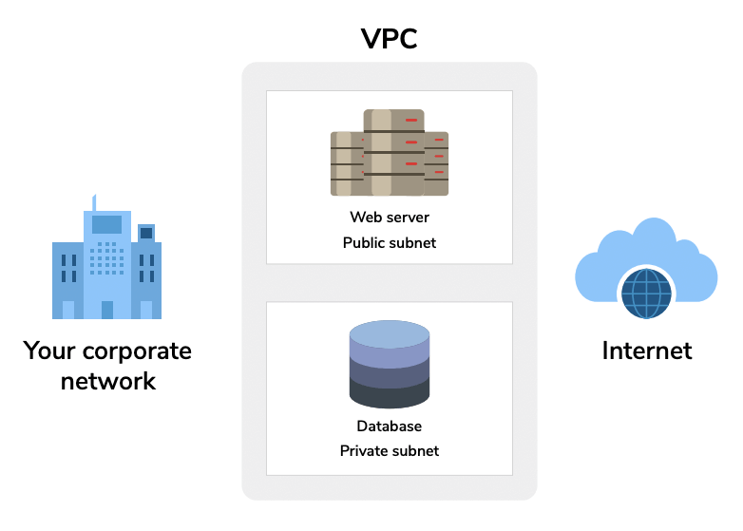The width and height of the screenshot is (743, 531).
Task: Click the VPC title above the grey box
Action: pos(389,39)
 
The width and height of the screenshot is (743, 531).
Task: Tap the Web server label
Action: pos(389,218)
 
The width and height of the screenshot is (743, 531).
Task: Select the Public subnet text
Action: pos(389,242)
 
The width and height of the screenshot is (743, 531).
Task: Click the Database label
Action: pos(389,427)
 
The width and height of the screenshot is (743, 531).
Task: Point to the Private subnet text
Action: pos(389,450)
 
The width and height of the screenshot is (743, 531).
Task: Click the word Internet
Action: pos(646,351)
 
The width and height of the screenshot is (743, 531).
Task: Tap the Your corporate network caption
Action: pos(107,366)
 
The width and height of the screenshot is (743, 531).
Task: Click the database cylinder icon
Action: pos(389,366)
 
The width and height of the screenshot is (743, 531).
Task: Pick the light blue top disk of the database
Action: pos(389,333)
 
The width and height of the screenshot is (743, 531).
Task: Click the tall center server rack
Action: pos(393,152)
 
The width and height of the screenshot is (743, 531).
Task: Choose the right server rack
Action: pos(436,163)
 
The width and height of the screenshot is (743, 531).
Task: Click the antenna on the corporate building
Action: pos(94,202)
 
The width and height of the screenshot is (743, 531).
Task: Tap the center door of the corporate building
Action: pos(107,309)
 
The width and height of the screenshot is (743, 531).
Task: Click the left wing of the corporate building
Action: pos(67,280)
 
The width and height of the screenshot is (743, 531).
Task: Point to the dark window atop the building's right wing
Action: pos(146,233)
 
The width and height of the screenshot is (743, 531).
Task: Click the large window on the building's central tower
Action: pos(106,224)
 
